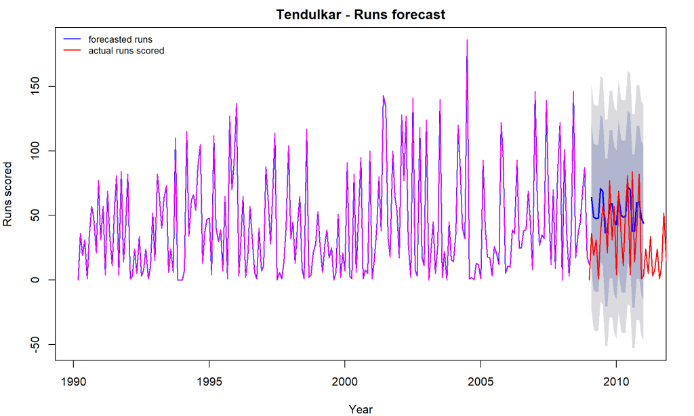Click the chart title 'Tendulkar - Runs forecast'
point(361,14)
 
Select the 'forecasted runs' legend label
point(120,39)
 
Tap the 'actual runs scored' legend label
point(126,51)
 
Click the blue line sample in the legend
point(73,39)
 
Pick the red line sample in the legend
point(73,51)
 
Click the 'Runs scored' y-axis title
point(9,194)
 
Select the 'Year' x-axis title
point(361,409)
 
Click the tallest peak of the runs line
point(466,41)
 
